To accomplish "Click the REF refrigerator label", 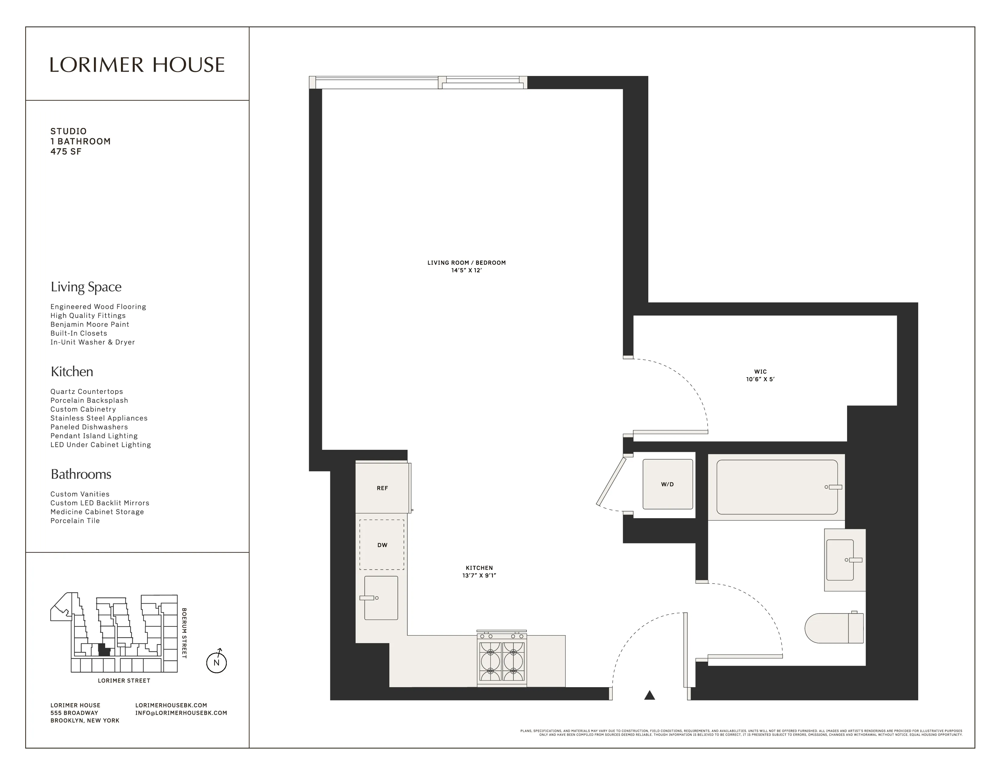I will click(382, 488).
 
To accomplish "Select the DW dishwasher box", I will click(382, 545).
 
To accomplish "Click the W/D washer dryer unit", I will click(667, 484).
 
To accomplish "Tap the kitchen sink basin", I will click(381, 598).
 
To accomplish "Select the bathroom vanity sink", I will click(840, 560).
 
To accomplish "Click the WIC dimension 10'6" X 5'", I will click(760, 379).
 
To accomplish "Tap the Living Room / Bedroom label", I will click(466, 263).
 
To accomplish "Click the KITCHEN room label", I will click(479, 568).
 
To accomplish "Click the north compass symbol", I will click(216, 662).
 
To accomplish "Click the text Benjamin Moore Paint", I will click(90, 324).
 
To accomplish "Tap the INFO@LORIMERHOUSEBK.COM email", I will click(181, 713).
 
